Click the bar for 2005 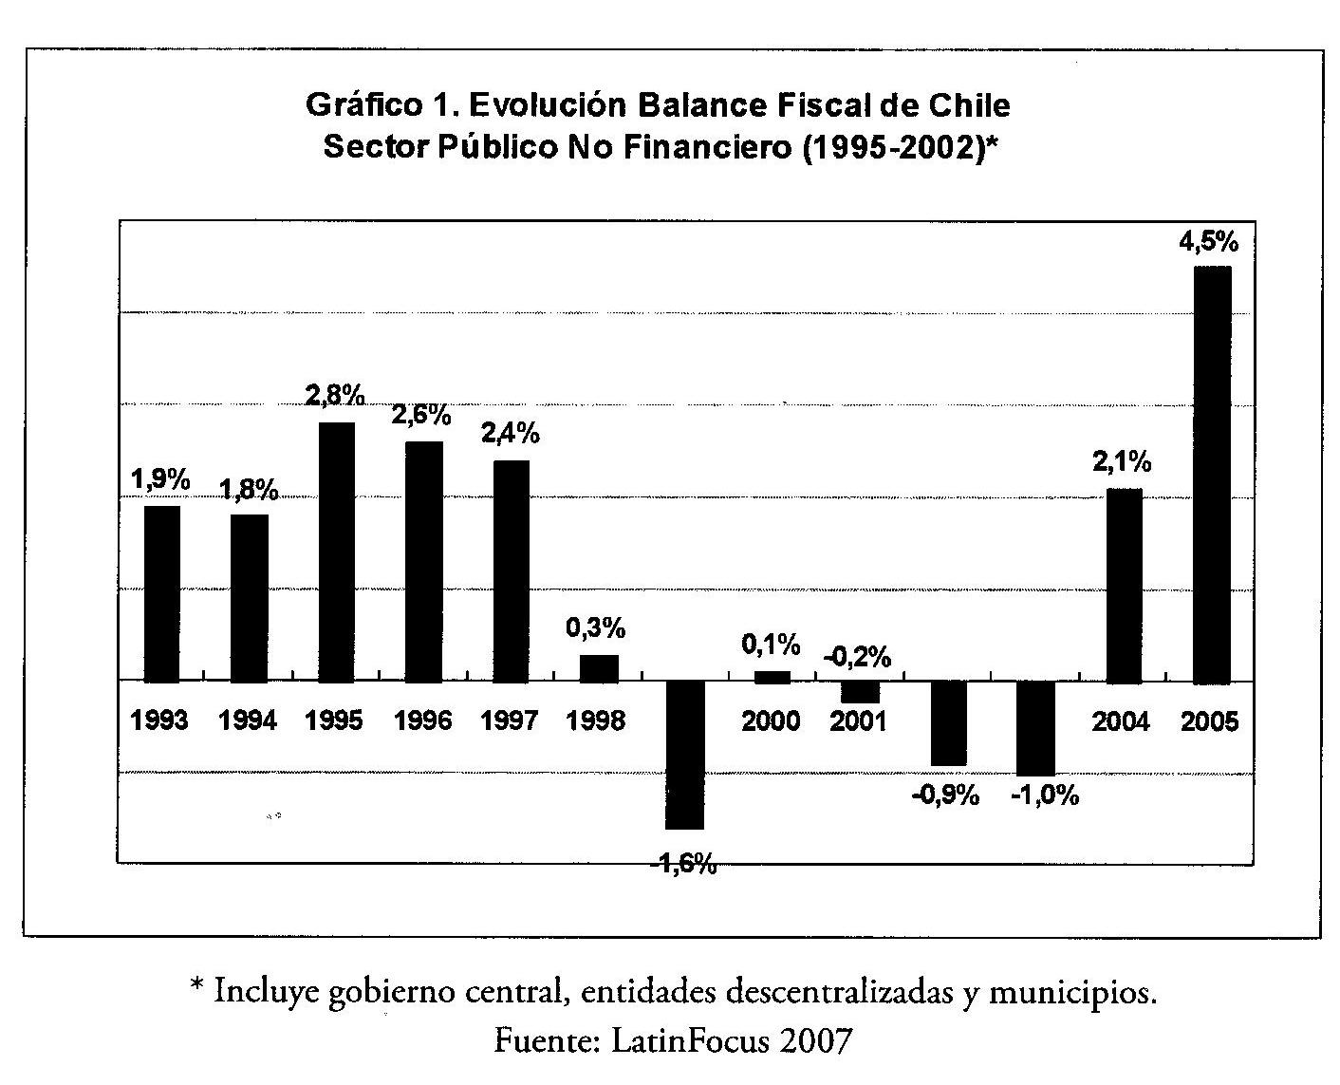click(1212, 475)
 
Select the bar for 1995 click(337, 552)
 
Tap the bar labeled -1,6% click(685, 755)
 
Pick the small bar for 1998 click(599, 668)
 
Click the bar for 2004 click(1125, 586)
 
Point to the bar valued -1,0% click(1035, 728)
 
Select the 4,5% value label click(1208, 243)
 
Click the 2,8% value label click(336, 396)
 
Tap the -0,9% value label click(945, 795)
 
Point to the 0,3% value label click(596, 627)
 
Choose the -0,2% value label click(857, 656)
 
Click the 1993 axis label click(159, 721)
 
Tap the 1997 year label click(510, 721)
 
